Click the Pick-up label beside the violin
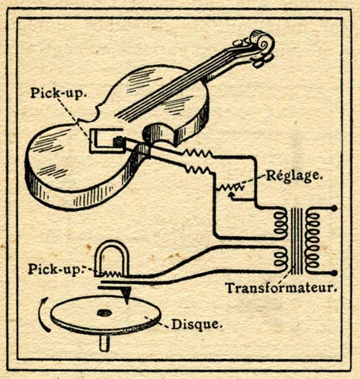[58, 93]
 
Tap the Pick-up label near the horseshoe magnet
[55, 269]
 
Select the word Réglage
[294, 177]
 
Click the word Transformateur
[281, 287]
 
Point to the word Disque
[197, 324]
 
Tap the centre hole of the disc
[104, 313]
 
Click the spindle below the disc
[104, 342]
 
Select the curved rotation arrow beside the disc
[43, 314]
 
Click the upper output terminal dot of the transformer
[334, 208]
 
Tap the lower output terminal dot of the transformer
[334, 273]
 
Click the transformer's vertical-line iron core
[297, 241]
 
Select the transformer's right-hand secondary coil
[313, 241]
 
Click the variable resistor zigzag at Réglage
[230, 187]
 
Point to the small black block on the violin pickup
[119, 142]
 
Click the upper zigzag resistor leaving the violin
[198, 153]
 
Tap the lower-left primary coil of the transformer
[280, 259]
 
